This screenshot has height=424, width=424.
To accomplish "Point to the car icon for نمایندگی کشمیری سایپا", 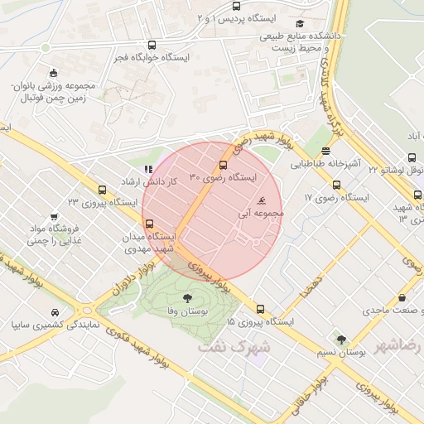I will pos(55,313).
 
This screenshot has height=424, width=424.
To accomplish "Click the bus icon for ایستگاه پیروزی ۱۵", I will pos(261,308).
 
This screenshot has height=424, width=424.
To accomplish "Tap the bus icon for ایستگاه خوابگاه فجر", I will pos(151,46).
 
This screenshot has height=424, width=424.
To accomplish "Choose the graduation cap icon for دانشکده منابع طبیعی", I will pos(299,24).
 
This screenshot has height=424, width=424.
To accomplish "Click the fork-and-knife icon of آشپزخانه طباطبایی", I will pos(326,151).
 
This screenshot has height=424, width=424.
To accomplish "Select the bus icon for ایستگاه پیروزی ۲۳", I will pos(102,189).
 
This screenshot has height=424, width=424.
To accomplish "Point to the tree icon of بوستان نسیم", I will pos(340,338).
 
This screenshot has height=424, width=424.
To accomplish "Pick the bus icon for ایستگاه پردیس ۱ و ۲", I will pos(236,7).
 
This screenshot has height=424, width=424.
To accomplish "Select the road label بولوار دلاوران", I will pos(132,278).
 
